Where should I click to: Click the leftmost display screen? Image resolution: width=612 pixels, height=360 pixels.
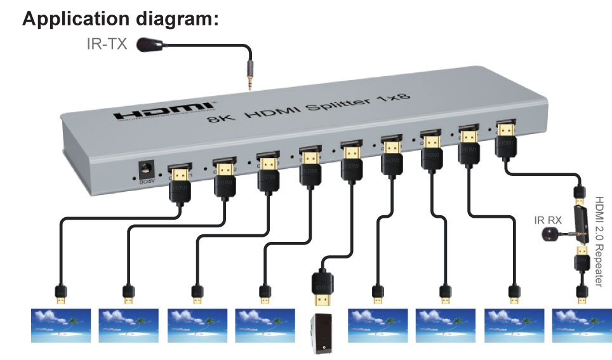[x=60, y=326]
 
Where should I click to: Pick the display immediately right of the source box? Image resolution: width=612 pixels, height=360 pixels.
[x=377, y=326]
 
